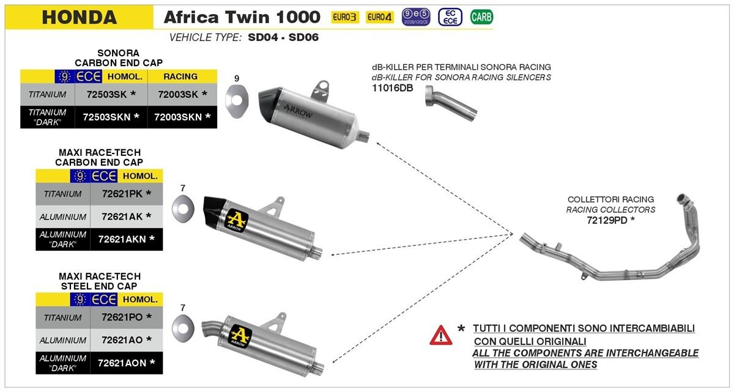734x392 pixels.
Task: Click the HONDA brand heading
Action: [x=79, y=17]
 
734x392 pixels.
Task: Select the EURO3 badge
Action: [x=345, y=17]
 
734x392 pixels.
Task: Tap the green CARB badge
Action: [x=481, y=17]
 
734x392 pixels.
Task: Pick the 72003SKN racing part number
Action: [x=182, y=116]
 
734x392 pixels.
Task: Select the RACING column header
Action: [x=181, y=76]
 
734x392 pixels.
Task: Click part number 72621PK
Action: [x=122, y=194]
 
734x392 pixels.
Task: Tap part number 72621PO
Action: [x=122, y=317]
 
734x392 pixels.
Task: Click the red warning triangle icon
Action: [x=440, y=335]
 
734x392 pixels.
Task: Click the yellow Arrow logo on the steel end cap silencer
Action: [x=240, y=336]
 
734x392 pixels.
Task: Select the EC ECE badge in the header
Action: [x=450, y=17]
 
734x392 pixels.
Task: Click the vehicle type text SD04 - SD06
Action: [x=283, y=37]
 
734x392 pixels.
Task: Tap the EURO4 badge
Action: [x=380, y=17]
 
